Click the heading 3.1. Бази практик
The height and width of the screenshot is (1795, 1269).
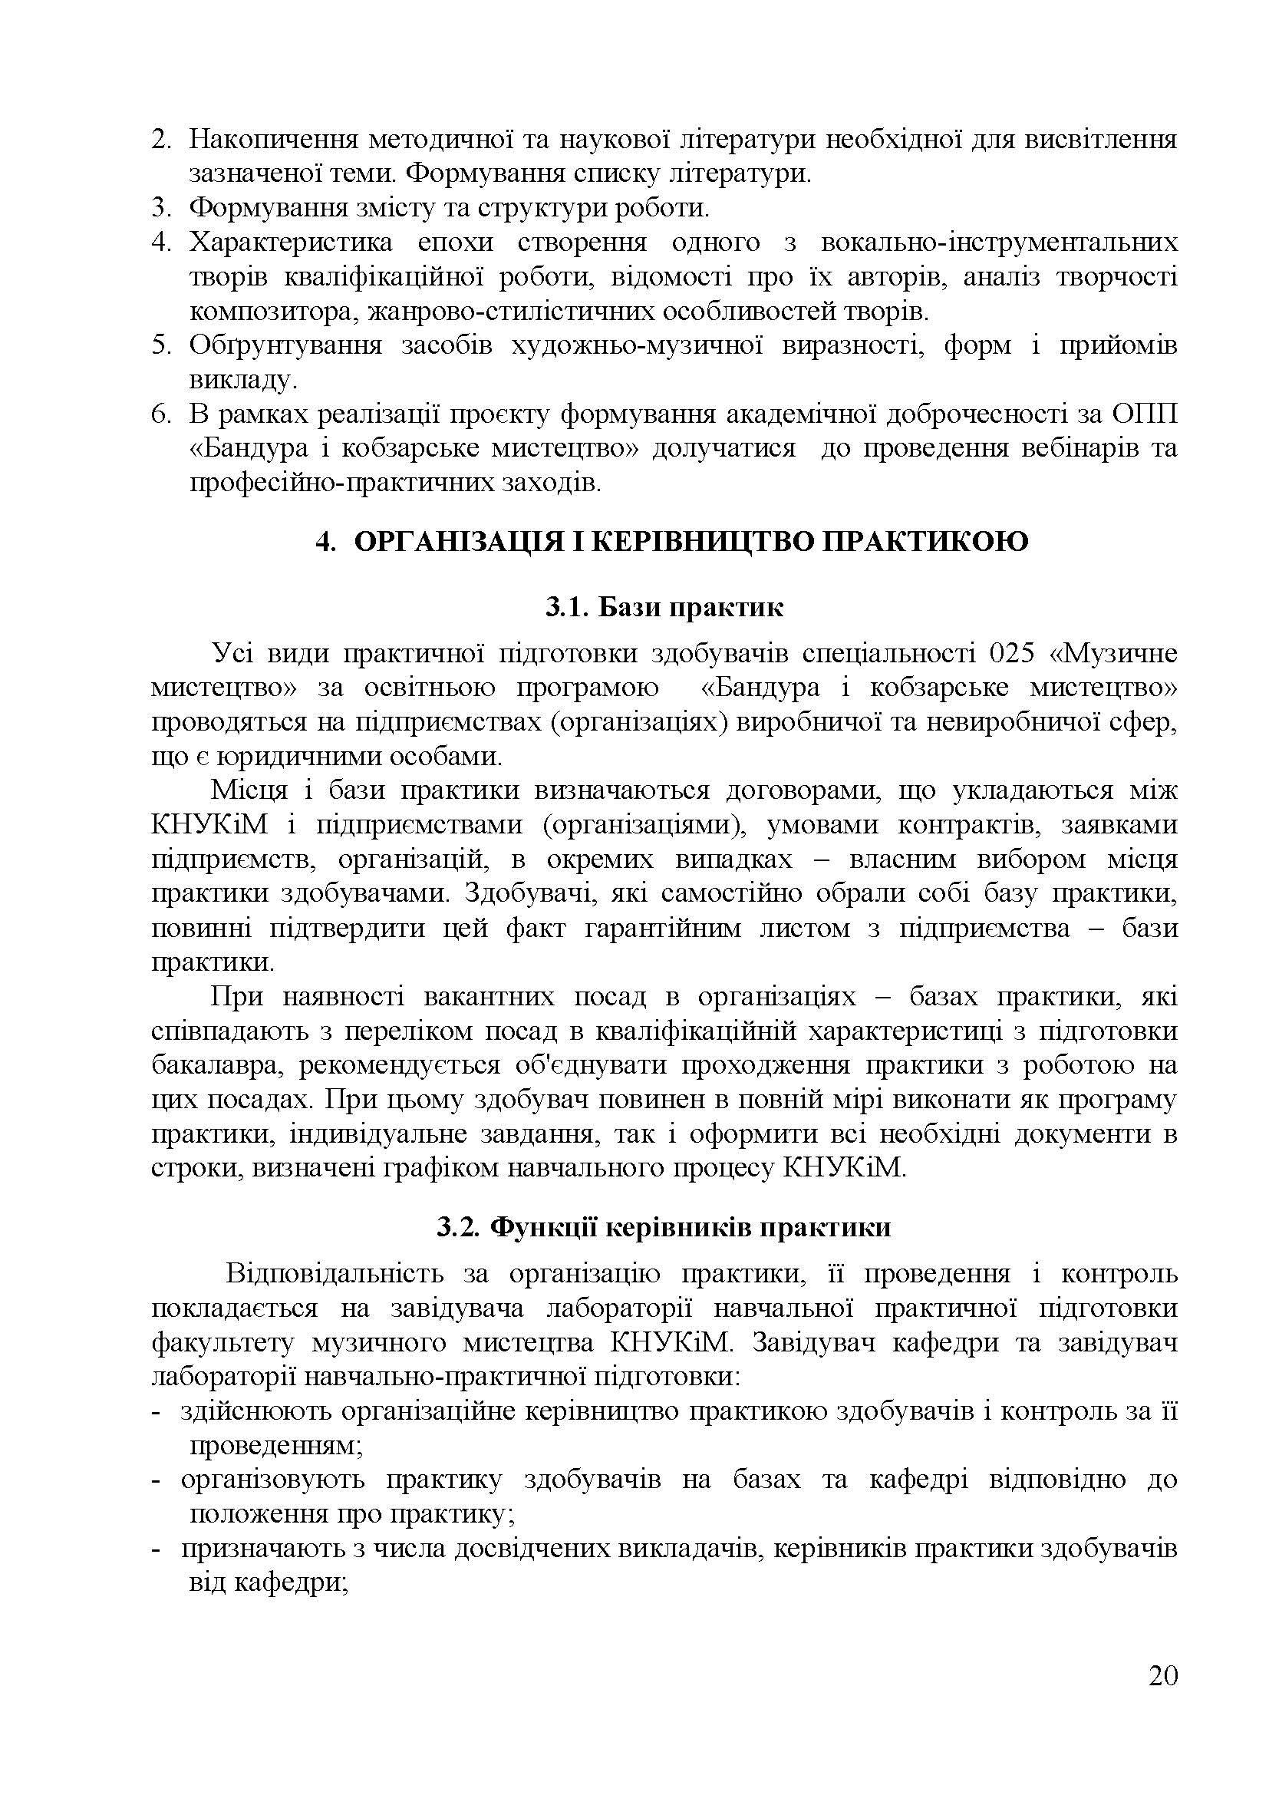tap(664, 608)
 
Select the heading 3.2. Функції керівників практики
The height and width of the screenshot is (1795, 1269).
tap(664, 1226)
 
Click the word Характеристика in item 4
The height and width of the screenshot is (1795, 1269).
tap(292, 243)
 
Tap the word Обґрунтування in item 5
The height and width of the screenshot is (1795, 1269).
tap(286, 345)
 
